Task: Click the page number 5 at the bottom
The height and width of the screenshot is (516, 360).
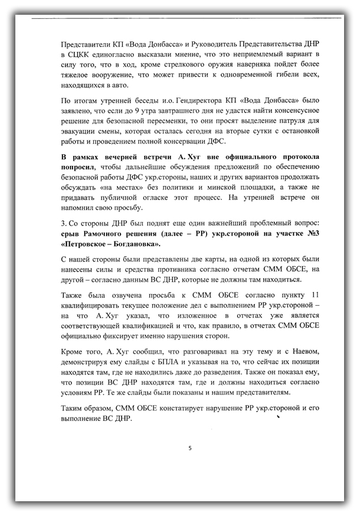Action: point(190,448)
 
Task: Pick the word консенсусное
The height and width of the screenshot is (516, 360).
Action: point(292,112)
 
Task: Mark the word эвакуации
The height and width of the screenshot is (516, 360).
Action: point(80,135)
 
